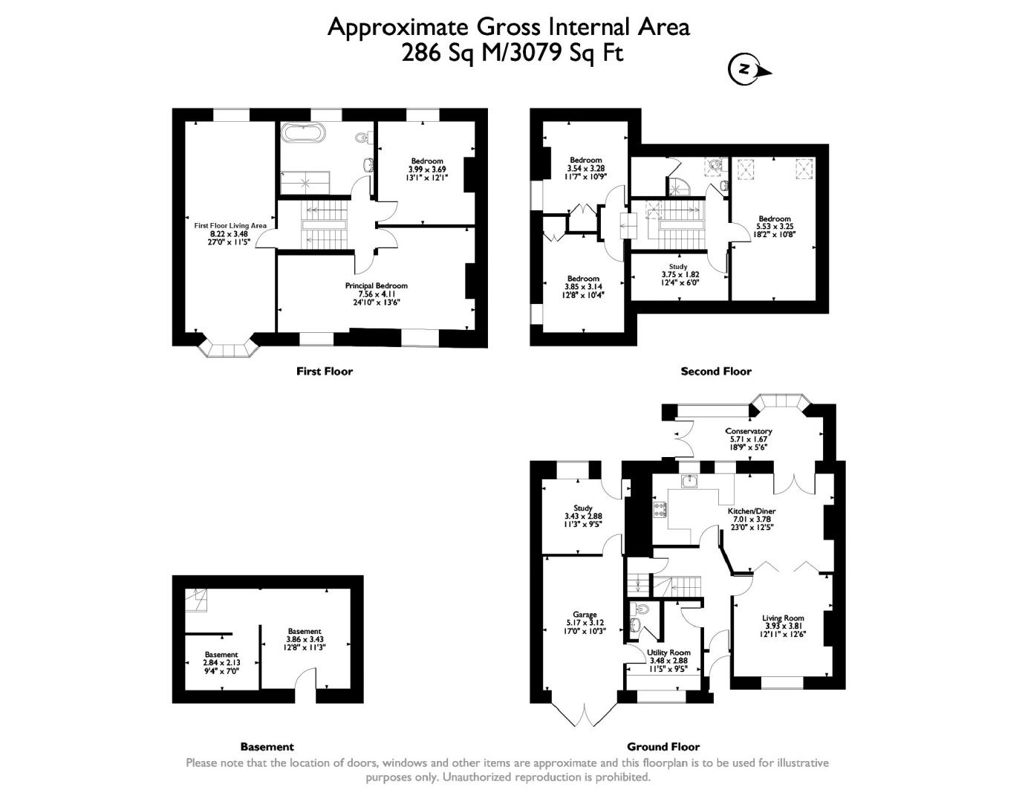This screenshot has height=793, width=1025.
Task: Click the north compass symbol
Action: coord(744,70)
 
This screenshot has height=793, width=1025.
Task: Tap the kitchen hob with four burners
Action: coord(660,510)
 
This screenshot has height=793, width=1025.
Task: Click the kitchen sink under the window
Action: coord(689,480)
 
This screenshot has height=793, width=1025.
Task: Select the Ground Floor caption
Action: coord(663,747)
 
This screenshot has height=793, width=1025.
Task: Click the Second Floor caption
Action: coord(715,371)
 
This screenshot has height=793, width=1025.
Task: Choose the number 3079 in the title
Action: coord(534,53)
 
